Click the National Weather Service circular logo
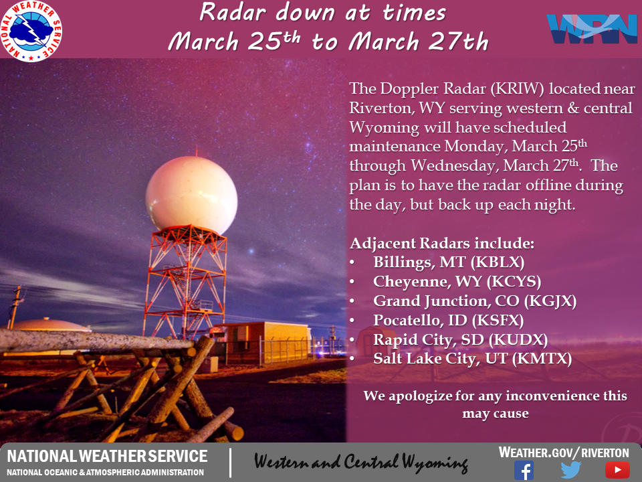pyautogui.click(x=31, y=31)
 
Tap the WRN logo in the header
pyautogui.click(x=592, y=29)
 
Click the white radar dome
pyautogui.click(x=191, y=193)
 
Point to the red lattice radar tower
pyautogui.click(x=185, y=283)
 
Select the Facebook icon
pyautogui.click(x=524, y=470)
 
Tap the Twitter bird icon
pyautogui.click(x=570, y=470)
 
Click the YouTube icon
pyautogui.click(x=617, y=470)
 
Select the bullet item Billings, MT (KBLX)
pyautogui.click(x=449, y=262)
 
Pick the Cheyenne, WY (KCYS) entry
pyautogui.click(x=457, y=281)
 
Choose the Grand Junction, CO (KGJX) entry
pyautogui.click(x=475, y=301)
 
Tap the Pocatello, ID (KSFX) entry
pyautogui.click(x=448, y=320)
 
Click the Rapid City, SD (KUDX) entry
pyautogui.click(x=460, y=339)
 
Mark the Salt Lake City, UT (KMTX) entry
pyautogui.click(x=473, y=359)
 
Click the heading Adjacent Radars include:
pyautogui.click(x=442, y=243)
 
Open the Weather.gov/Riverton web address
pyautogui.click(x=564, y=453)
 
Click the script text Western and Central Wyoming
pyautogui.click(x=360, y=462)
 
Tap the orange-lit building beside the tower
pyautogui.click(x=262, y=343)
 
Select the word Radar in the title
pyautogui.click(x=233, y=12)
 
